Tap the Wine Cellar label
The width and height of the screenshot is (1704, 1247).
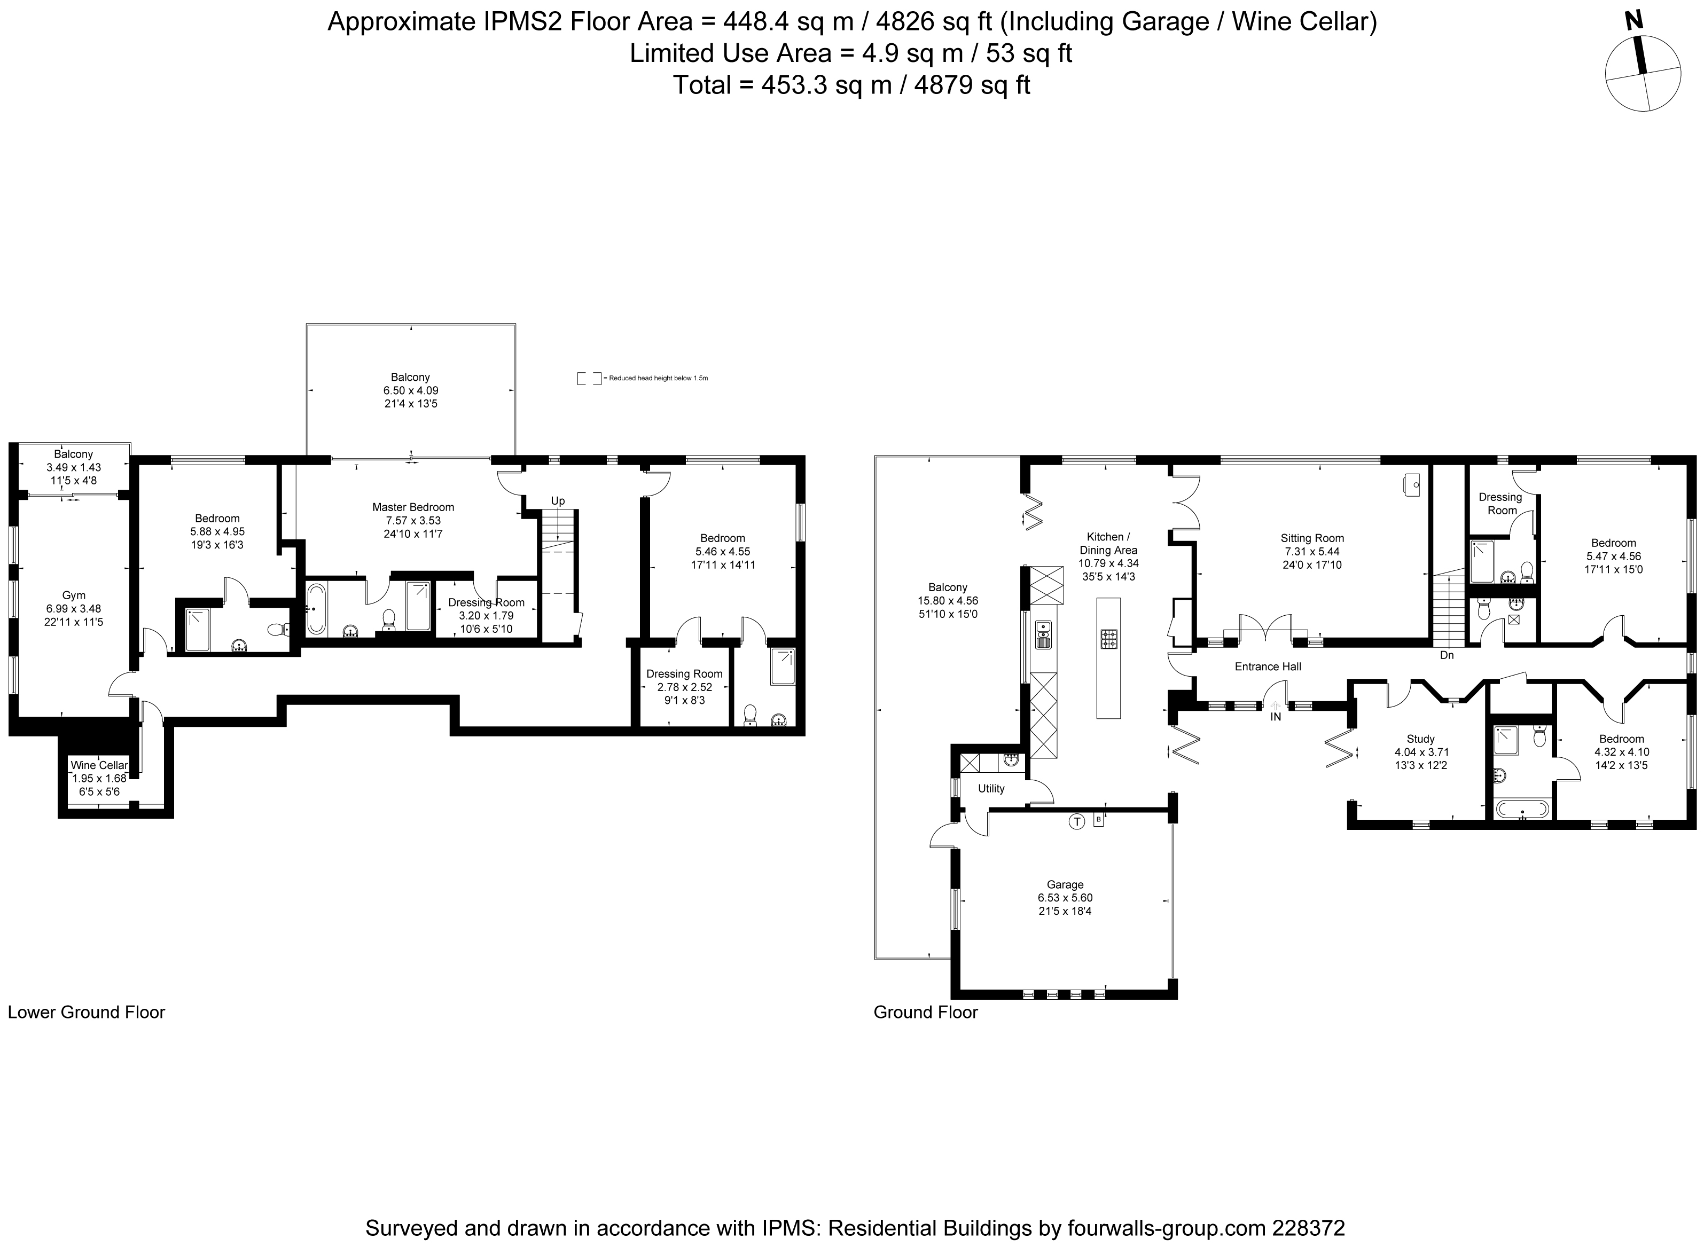click(99, 765)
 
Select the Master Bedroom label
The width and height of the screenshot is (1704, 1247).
click(413, 507)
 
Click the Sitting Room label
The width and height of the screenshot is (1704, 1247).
click(1312, 538)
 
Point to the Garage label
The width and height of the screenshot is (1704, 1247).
click(1065, 885)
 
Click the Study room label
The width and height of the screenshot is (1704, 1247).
click(1420, 739)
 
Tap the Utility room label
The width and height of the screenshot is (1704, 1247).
click(991, 789)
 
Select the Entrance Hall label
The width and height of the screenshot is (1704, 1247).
click(1268, 666)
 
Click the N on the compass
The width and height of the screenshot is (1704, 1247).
click(1635, 21)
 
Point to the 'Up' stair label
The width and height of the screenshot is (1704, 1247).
click(557, 501)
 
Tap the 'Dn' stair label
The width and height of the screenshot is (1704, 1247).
click(1447, 655)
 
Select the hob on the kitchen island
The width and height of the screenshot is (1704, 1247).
click(1108, 639)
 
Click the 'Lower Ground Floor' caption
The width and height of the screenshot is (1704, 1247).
click(86, 1012)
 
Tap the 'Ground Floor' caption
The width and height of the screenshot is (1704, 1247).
click(926, 1012)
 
